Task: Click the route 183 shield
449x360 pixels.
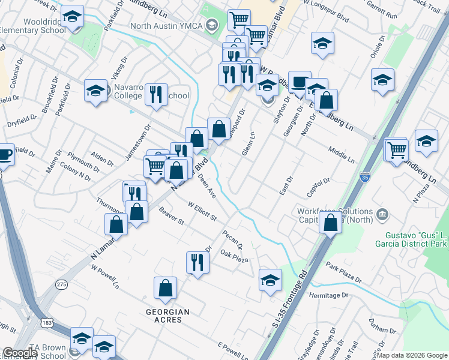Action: click(46, 323)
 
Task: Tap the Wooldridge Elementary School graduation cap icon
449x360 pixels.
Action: click(73, 19)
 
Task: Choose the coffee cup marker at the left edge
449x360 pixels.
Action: click(5, 155)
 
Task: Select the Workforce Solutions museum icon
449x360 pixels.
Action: click(382, 214)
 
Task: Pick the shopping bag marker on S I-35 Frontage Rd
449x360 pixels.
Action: click(331, 223)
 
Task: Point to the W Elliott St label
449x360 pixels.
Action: click(201, 211)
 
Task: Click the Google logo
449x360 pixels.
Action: click(20, 353)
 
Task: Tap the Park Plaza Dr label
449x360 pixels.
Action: click(344, 272)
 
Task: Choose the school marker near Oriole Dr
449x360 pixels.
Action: click(382, 80)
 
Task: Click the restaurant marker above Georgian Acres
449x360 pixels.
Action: click(196, 262)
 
